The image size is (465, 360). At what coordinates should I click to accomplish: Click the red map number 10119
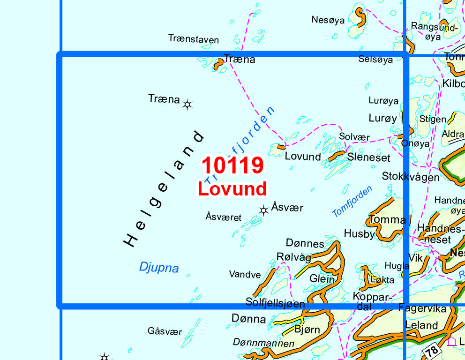click(232, 165)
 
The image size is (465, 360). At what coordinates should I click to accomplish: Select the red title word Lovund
click(232, 188)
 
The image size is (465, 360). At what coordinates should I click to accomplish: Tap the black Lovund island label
click(303, 157)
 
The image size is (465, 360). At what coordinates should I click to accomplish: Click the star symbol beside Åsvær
click(263, 210)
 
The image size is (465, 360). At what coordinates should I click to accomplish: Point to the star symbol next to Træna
click(187, 105)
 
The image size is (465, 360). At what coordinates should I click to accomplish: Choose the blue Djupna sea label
click(159, 268)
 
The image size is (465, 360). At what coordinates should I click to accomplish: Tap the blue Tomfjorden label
click(352, 201)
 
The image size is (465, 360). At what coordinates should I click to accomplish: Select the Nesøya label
click(328, 20)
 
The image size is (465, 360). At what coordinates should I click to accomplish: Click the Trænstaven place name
click(193, 39)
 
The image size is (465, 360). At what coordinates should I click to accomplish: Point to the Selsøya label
click(375, 60)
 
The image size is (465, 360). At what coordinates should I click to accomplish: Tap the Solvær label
click(354, 137)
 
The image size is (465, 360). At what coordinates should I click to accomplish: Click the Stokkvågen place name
click(411, 177)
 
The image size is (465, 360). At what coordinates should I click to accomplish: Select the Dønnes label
click(305, 243)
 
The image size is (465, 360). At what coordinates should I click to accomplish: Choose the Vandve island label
click(245, 274)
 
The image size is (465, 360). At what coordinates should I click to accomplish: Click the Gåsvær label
click(165, 331)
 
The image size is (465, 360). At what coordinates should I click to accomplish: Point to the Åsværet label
click(223, 217)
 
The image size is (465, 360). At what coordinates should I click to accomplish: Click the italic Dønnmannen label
click(263, 344)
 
